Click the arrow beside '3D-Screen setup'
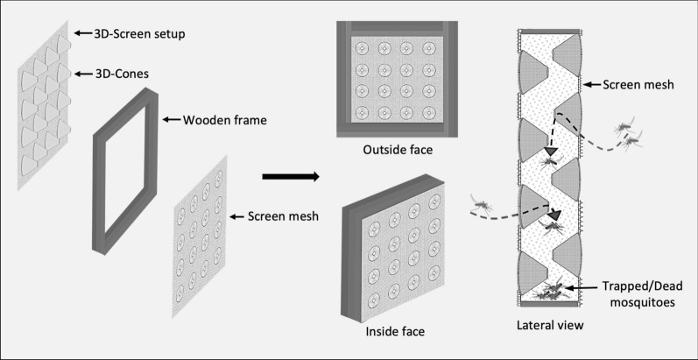tap(83, 33)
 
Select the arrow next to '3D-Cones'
tap(84, 74)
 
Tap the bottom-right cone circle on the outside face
tap(428, 112)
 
